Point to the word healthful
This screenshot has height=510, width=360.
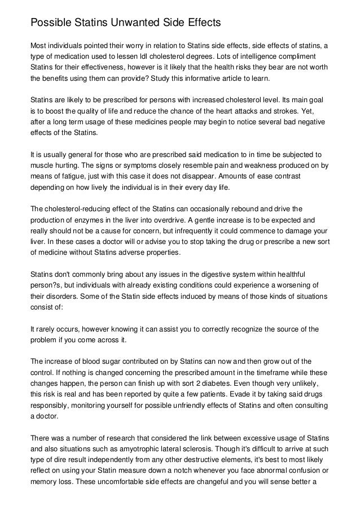tap(305, 273)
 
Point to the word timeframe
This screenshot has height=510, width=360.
tap(275, 372)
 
